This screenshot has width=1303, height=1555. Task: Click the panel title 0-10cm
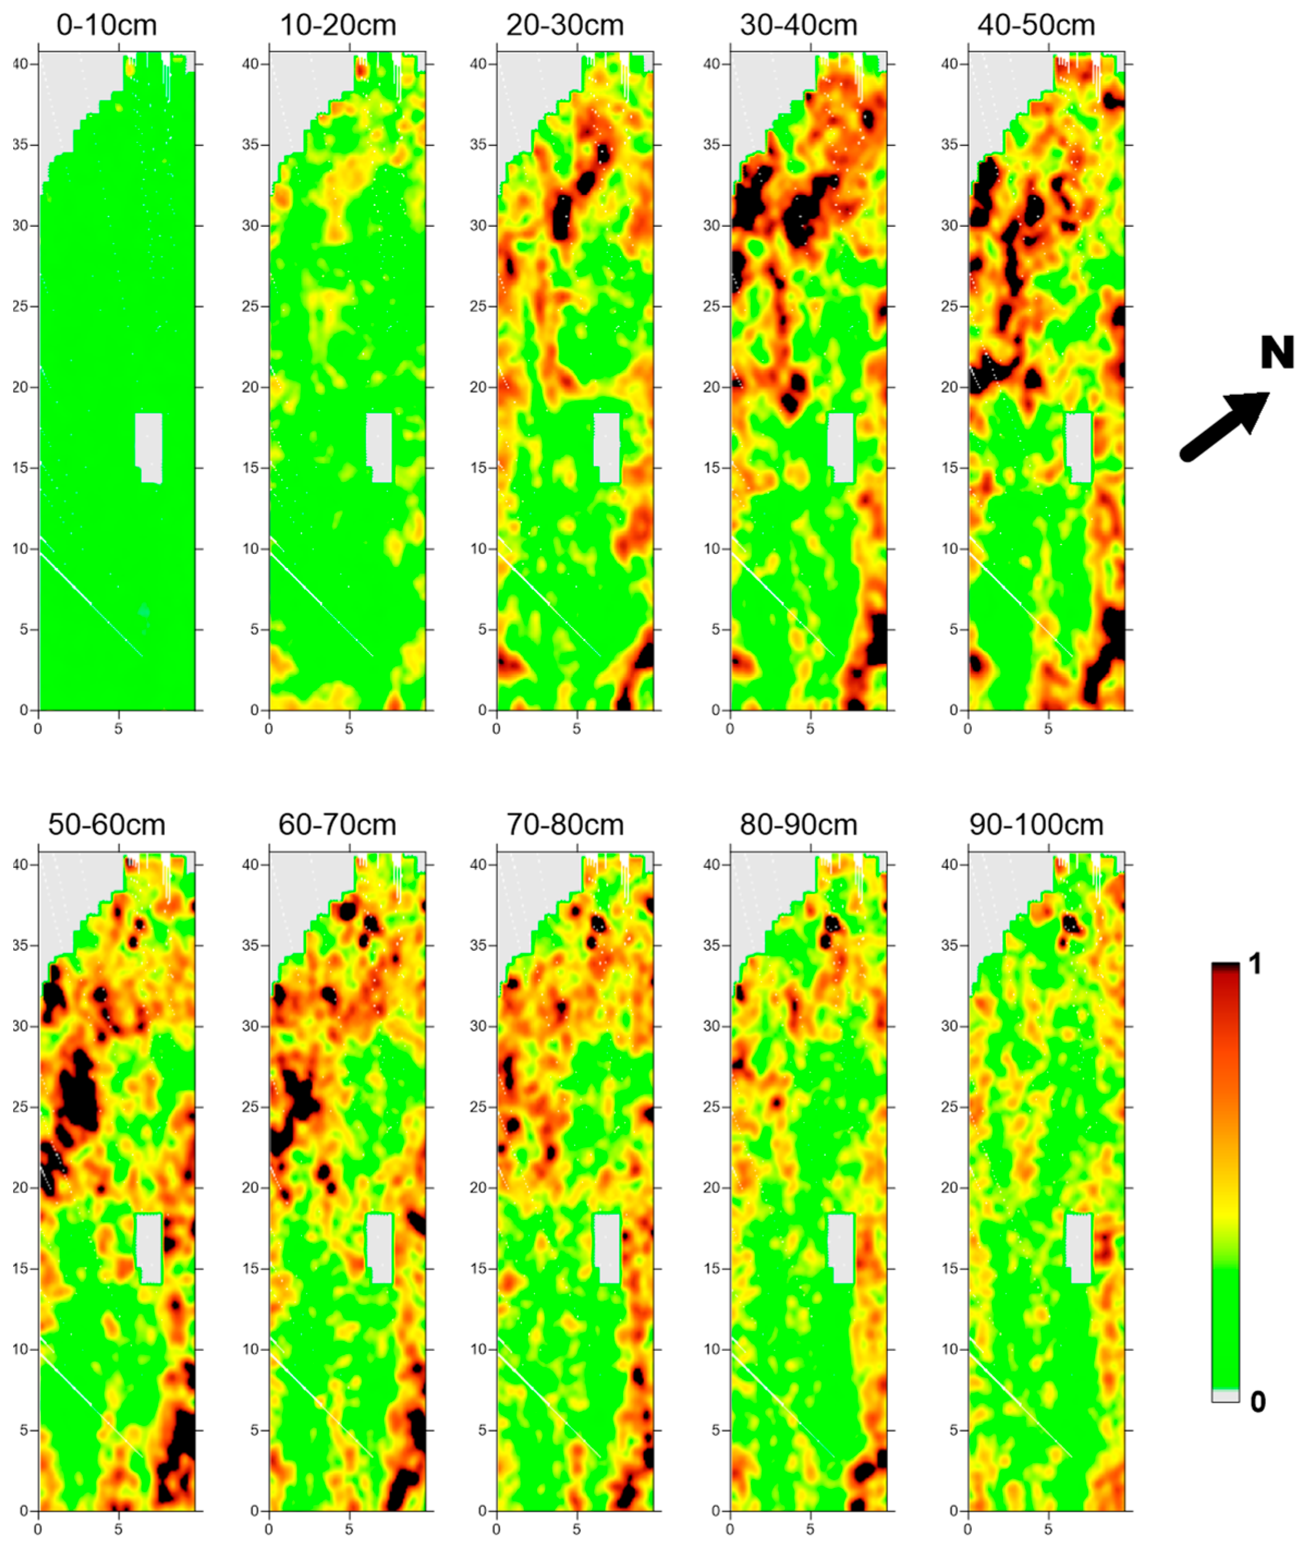107,25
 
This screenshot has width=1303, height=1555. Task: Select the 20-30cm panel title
565,25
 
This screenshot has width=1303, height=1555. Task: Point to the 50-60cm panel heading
107,824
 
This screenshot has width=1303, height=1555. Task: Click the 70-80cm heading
565,824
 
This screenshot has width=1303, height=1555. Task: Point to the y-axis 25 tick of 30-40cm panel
712,306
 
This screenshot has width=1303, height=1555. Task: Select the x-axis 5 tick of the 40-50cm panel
1048,729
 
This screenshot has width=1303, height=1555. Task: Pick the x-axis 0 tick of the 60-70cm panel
269,1528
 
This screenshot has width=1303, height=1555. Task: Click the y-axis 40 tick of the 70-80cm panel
478,864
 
